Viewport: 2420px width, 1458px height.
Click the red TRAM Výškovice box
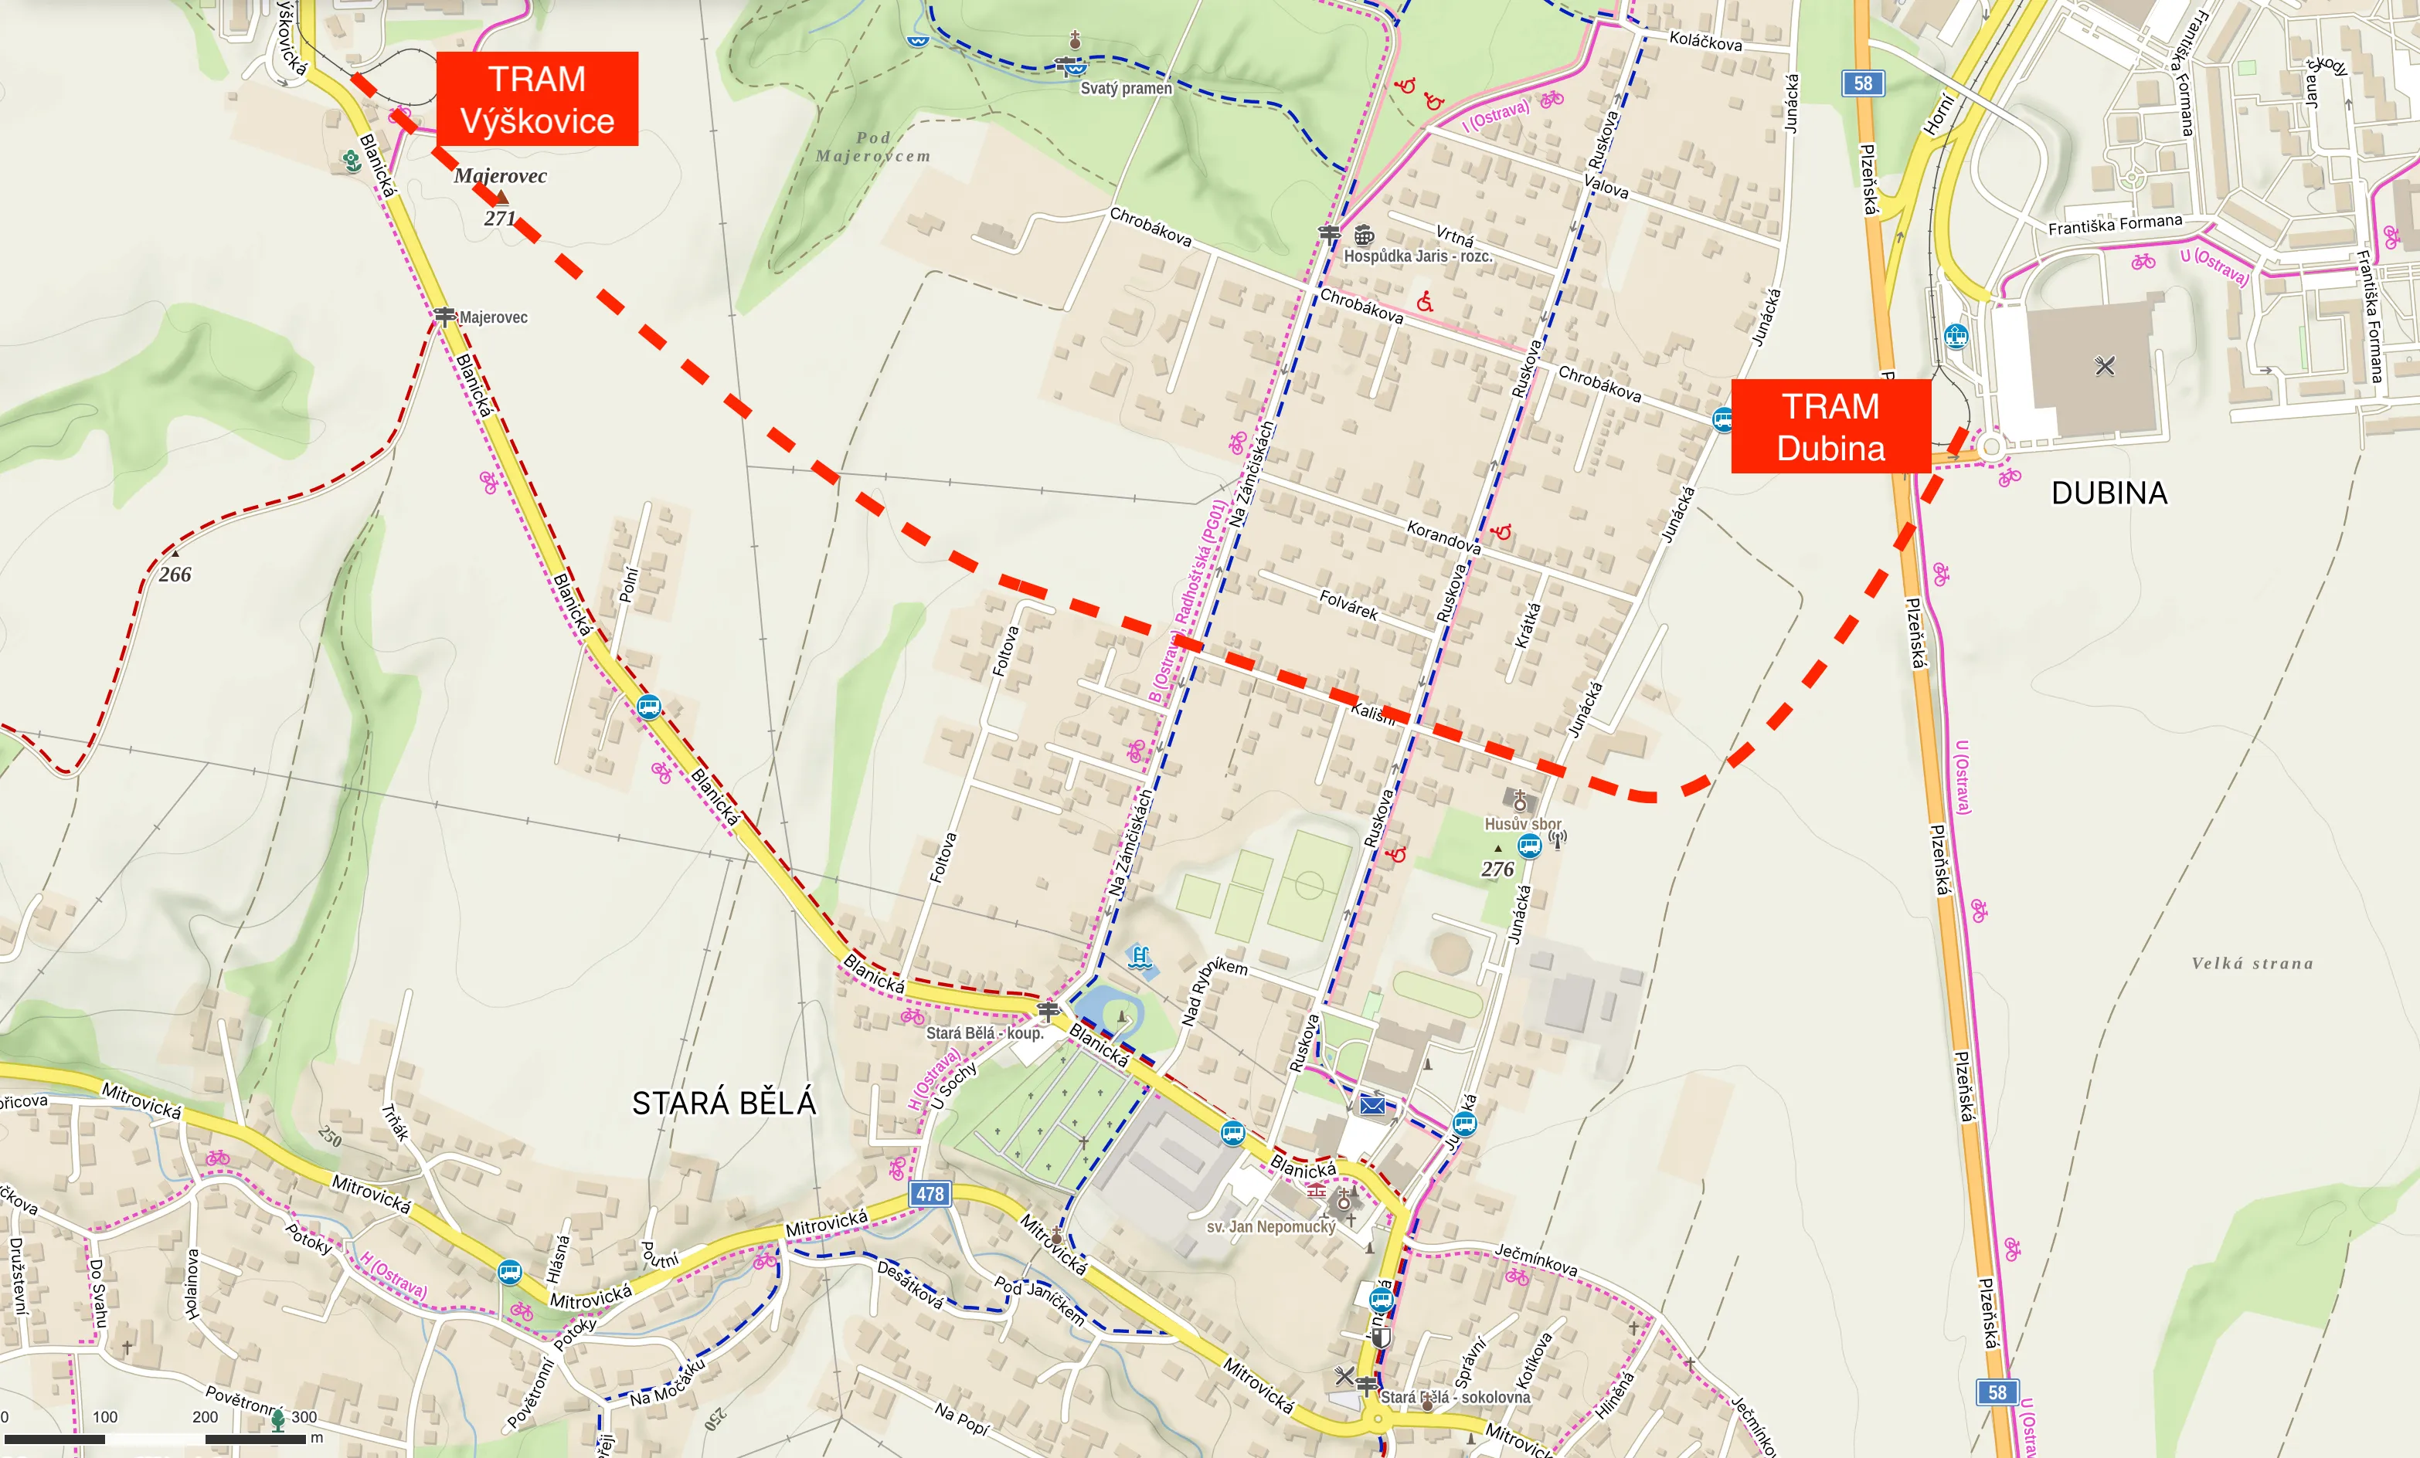(x=537, y=99)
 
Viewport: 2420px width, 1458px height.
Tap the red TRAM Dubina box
(x=1830, y=427)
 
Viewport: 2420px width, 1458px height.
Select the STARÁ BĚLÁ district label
(x=724, y=1104)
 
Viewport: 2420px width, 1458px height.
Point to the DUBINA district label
(x=2109, y=493)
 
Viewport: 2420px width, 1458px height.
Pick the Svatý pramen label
(x=1126, y=88)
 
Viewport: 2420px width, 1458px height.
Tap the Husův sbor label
(x=1522, y=824)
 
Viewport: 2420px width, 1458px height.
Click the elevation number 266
(x=175, y=575)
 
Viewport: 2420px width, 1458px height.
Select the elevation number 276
(x=1497, y=869)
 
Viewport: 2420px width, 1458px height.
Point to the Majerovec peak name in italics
(x=500, y=176)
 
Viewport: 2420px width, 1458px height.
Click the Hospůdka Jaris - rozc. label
(x=1417, y=256)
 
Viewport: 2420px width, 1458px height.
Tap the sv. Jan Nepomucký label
(x=1271, y=1226)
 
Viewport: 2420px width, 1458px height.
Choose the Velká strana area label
(x=2252, y=963)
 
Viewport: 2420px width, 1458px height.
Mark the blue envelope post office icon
(x=1372, y=1106)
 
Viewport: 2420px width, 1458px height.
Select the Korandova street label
(x=1443, y=537)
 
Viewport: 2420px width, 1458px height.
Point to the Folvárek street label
(x=1348, y=605)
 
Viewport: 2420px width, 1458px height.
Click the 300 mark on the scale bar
(x=304, y=1417)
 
